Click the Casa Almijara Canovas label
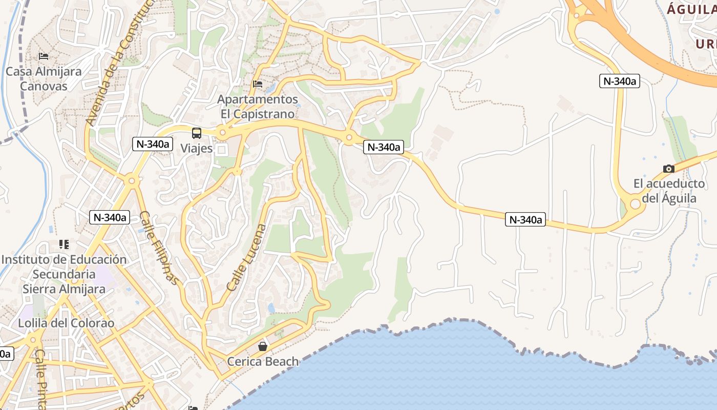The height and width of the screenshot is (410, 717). [x=44, y=78]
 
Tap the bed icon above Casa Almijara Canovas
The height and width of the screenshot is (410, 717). [x=44, y=56]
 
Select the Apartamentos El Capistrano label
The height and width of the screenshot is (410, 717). [x=258, y=106]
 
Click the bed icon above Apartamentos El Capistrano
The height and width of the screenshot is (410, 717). [x=258, y=84]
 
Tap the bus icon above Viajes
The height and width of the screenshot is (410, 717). [x=197, y=133]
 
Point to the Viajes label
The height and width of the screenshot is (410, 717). [x=197, y=148]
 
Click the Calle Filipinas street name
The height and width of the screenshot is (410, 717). [x=160, y=248]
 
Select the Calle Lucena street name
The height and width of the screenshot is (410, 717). [x=247, y=258]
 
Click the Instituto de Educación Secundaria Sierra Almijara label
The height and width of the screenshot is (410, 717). [x=64, y=274]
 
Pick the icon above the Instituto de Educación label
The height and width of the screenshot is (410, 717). [x=64, y=244]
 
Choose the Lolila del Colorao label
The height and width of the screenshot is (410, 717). [x=66, y=323]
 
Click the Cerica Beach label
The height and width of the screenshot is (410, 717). [x=263, y=361]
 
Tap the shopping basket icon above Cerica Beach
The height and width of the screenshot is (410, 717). [x=263, y=346]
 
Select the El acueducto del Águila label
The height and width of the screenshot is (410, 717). [x=669, y=191]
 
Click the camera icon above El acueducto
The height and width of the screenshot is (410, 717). [x=668, y=169]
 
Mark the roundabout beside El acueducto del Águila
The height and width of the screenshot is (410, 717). [x=636, y=203]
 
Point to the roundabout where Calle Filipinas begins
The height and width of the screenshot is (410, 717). [x=132, y=180]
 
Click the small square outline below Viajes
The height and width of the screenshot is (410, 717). [x=222, y=150]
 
